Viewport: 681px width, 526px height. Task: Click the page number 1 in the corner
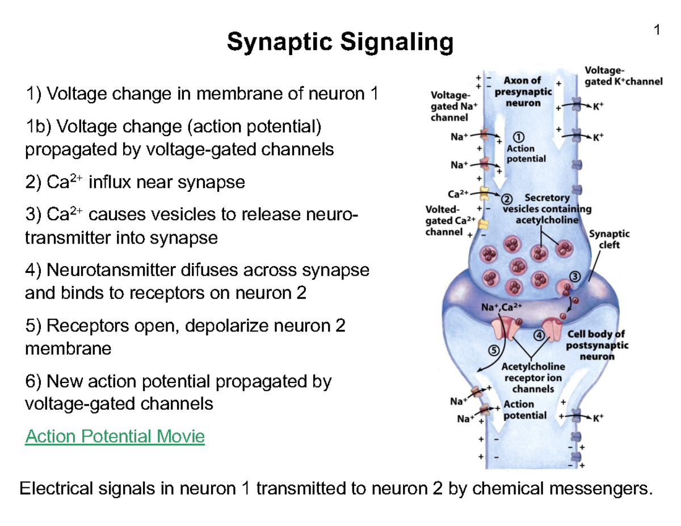tap(657, 31)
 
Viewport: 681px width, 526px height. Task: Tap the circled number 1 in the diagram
tap(518, 137)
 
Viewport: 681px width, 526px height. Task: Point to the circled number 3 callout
tap(574, 276)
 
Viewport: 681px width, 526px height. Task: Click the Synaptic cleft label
tap(609, 239)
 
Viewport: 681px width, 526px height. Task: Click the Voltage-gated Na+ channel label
tap(449, 107)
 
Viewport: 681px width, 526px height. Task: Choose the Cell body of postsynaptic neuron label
tap(596, 345)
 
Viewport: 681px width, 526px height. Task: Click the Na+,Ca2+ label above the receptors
tap(501, 307)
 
